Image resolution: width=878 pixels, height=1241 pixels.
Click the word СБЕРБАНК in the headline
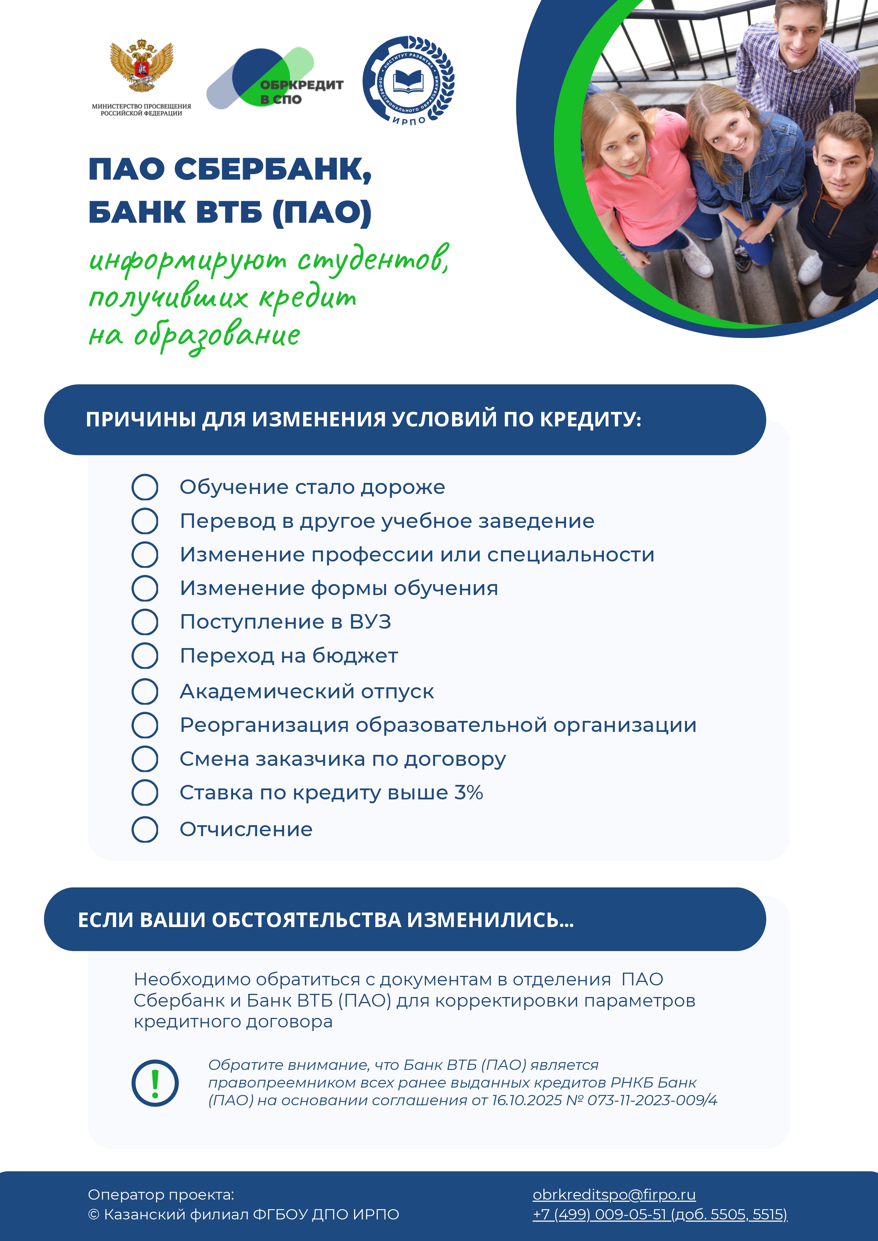(273, 169)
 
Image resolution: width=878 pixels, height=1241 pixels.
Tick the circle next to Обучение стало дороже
(145, 487)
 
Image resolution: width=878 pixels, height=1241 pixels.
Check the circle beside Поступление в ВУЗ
(145, 622)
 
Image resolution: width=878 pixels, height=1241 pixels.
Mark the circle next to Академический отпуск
(145, 691)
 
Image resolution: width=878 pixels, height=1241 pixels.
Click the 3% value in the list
(469, 792)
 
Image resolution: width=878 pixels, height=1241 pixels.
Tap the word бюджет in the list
(355, 656)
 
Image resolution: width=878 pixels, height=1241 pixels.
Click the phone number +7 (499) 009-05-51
(599, 1214)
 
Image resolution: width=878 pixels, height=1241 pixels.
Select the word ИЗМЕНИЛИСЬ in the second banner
(490, 920)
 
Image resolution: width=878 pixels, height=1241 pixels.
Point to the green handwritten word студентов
(373, 261)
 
